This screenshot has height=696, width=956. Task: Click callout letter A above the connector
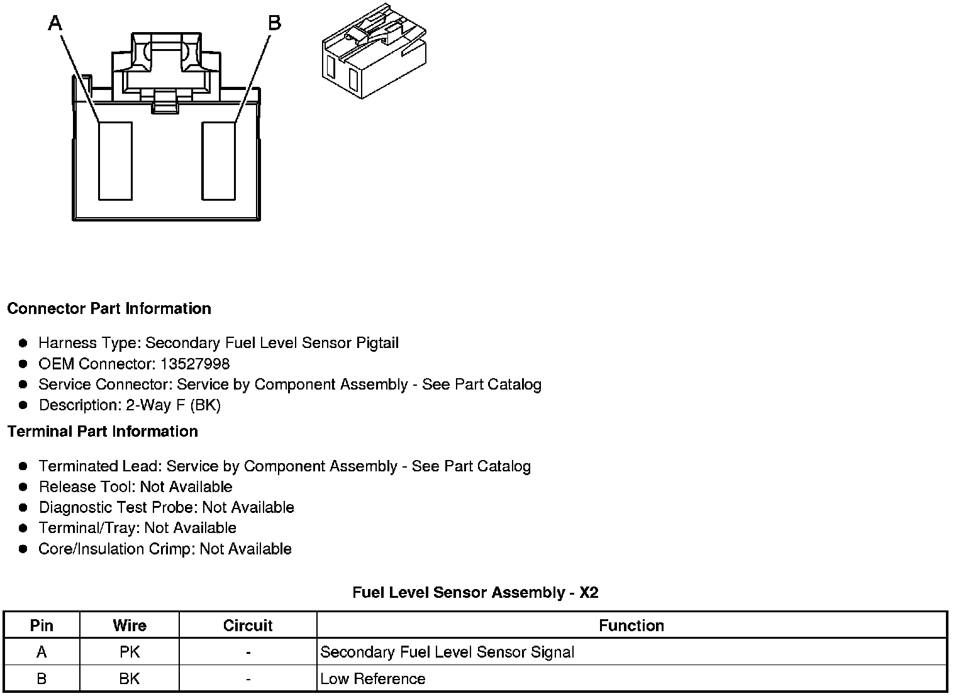click(x=56, y=23)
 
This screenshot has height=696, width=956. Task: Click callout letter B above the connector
click(x=274, y=23)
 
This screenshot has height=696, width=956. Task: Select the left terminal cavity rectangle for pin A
click(x=115, y=161)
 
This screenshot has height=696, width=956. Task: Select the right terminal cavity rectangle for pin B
click(x=218, y=161)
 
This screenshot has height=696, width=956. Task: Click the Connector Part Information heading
click(x=109, y=309)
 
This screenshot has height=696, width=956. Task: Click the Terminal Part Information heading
click(x=103, y=432)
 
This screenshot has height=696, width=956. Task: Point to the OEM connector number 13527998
click(x=195, y=364)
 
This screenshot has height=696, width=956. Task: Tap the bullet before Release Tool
click(x=23, y=487)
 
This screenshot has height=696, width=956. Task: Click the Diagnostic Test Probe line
click(x=166, y=508)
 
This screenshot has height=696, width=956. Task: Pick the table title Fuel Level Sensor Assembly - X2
click(x=475, y=593)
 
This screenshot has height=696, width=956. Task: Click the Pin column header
click(x=42, y=626)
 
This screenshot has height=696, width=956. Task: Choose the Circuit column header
click(x=248, y=626)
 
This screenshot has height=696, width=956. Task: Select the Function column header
click(x=631, y=626)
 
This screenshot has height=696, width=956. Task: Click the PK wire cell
click(x=130, y=653)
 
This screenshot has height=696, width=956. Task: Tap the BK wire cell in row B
click(x=130, y=679)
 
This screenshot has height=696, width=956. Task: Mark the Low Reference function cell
click(x=373, y=679)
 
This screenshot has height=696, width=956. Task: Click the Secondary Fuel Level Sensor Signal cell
click(x=447, y=653)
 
